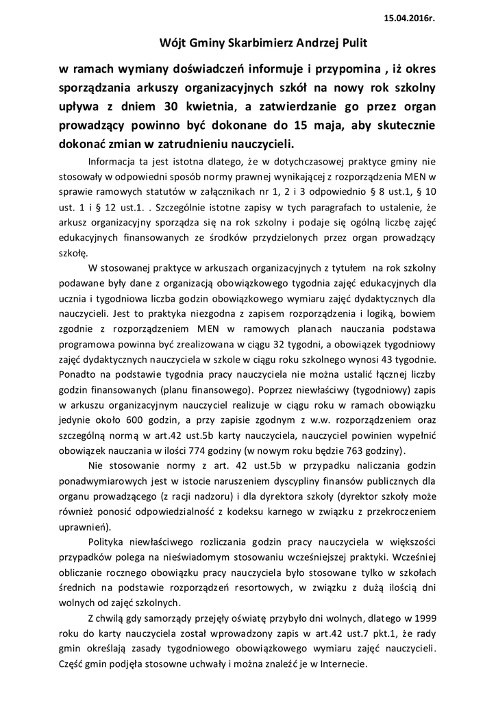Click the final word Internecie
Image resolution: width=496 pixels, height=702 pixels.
click(x=343, y=664)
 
